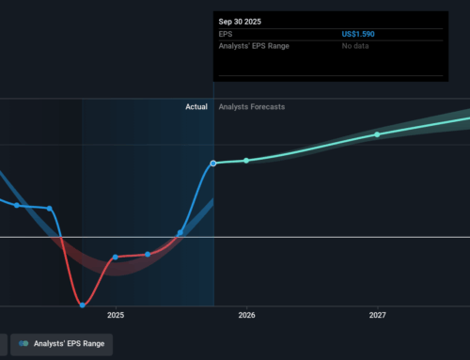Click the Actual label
tap(196, 107)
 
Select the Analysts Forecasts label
tap(251, 107)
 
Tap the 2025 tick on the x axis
tap(116, 316)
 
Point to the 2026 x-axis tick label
tap(246, 316)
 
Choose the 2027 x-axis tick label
tap(377, 316)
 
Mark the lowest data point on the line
tap(83, 305)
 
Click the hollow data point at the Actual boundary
tap(213, 164)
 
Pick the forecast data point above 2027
tap(377, 134)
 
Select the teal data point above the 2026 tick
tap(246, 161)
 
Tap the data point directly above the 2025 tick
tap(116, 257)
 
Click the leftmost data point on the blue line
tap(16, 205)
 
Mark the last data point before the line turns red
tap(49, 208)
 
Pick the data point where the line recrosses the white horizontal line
tap(180, 232)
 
